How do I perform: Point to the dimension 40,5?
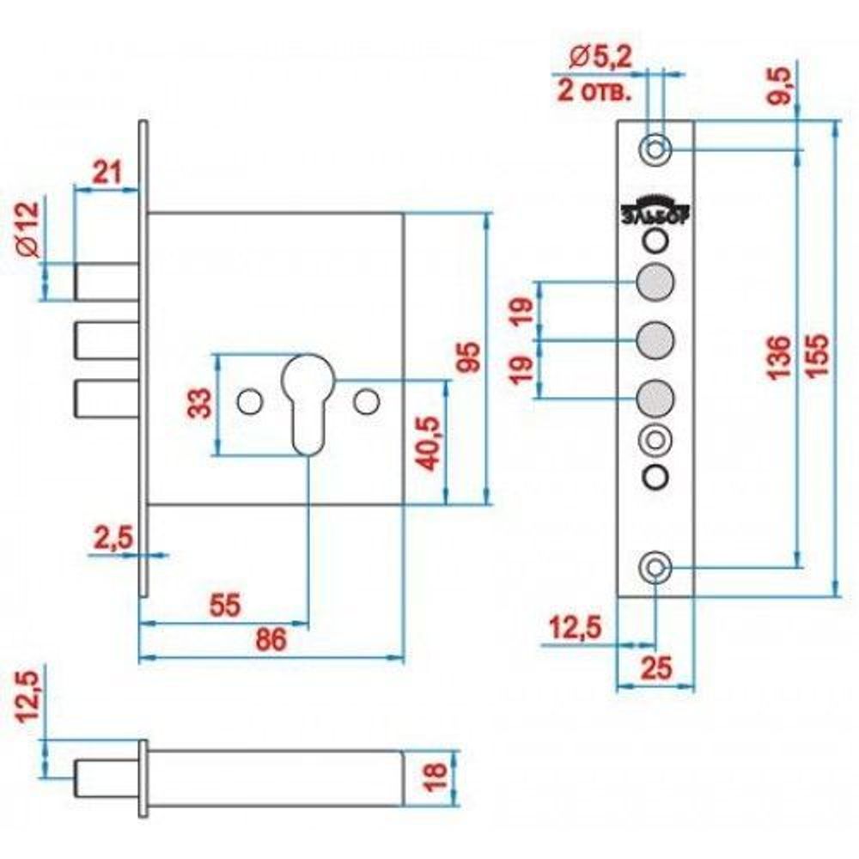tap(426, 442)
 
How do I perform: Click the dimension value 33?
tap(198, 402)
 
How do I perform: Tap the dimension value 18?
tap(436, 775)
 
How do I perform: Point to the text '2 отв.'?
tap(594, 90)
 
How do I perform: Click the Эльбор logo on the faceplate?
tap(655, 213)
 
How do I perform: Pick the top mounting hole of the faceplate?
tap(655, 149)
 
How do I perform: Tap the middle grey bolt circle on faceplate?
tap(655, 339)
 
